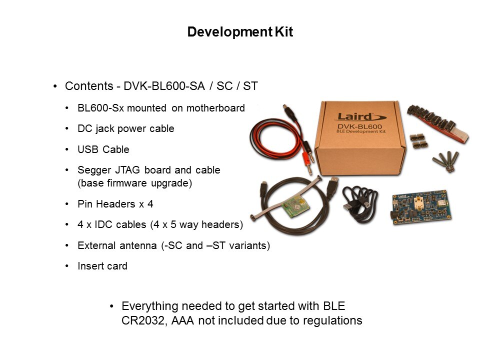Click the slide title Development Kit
pyautogui.click(x=240, y=32)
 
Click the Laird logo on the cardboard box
pyautogui.click(x=361, y=116)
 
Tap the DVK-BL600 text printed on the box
pyautogui.click(x=359, y=126)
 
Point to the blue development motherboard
pyautogui.click(x=421, y=207)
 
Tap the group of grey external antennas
pyautogui.click(x=446, y=160)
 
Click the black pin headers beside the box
pyautogui.click(x=418, y=141)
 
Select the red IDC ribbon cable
pyautogui.click(x=438, y=123)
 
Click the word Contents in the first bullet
pyautogui.click(x=89, y=86)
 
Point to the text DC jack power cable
pyautogui.click(x=126, y=128)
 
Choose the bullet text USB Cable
pyautogui.click(x=103, y=149)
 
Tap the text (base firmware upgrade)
pyautogui.click(x=134, y=183)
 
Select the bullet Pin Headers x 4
pyautogui.click(x=115, y=204)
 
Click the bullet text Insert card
pyautogui.click(x=102, y=266)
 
